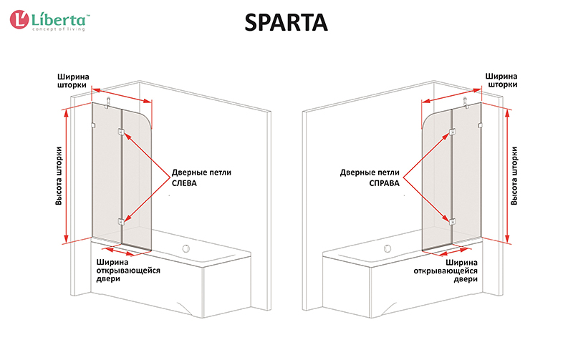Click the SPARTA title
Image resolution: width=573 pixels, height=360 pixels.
click(286, 23)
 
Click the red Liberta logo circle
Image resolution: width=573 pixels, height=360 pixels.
click(19, 19)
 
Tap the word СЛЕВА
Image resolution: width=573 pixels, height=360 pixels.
click(184, 183)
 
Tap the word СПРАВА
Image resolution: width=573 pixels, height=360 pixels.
click(384, 183)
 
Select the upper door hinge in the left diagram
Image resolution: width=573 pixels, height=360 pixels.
click(121, 132)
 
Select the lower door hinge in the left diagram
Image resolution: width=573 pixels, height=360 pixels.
click(121, 221)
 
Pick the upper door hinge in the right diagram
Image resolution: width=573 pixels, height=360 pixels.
click(453, 132)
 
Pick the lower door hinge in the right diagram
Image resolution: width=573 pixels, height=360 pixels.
click(453, 221)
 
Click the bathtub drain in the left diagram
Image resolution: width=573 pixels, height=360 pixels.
click(186, 249)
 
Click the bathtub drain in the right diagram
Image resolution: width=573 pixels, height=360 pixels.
click(387, 249)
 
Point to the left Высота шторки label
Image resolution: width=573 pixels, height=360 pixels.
click(59, 175)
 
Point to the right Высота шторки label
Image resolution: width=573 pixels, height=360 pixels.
click(514, 175)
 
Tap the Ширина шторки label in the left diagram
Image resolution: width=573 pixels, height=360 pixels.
click(73, 81)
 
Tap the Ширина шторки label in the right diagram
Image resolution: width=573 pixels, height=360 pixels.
click(501, 80)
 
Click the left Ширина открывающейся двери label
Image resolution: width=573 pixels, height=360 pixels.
click(128, 271)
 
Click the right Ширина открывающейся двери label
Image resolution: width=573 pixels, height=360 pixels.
click(446, 271)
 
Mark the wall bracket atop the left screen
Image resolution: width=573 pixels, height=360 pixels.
click(108, 102)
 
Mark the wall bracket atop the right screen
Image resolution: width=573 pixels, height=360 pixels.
click(466, 102)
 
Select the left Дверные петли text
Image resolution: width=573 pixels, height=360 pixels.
click(201, 172)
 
